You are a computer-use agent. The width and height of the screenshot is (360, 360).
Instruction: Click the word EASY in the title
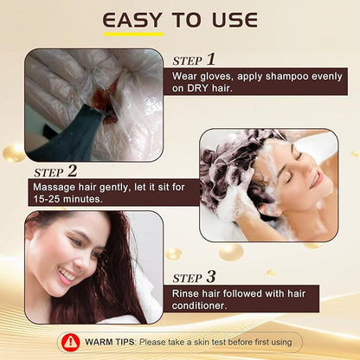[132, 21]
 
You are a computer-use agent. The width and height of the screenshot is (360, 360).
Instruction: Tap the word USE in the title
[235, 21]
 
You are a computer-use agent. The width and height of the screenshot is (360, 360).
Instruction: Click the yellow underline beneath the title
[133, 35]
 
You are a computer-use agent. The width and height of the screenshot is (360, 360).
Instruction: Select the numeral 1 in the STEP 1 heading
[211, 60]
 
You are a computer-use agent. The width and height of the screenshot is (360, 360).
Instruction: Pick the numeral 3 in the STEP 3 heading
[211, 277]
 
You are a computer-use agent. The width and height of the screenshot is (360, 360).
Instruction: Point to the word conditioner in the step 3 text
[199, 305]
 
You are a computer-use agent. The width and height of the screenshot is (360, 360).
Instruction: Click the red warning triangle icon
[71, 342]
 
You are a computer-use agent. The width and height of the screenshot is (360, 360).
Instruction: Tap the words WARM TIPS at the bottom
[110, 342]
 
